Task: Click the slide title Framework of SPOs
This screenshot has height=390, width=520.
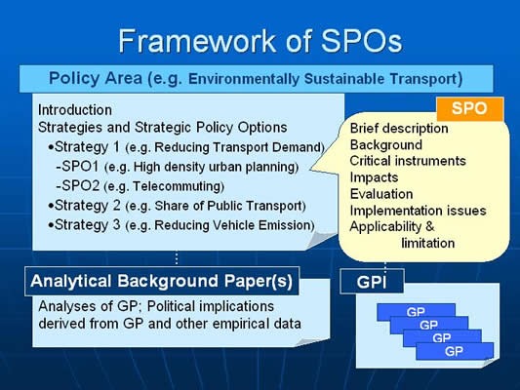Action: pos(260,41)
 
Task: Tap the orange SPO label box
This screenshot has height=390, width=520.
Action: pos(470,109)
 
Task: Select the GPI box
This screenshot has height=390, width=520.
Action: pos(372,282)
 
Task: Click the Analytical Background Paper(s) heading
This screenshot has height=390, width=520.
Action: pos(162,281)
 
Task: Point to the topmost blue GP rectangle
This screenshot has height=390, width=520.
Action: pos(416,312)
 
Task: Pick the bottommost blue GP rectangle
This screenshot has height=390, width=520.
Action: pos(455,351)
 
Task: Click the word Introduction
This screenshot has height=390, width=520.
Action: pos(75,110)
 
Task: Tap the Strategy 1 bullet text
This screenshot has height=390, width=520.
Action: pos(186,147)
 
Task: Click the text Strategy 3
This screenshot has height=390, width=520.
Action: pos(87,224)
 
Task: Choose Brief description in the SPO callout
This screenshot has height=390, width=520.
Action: pos(399,129)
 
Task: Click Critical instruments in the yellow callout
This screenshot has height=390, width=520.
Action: pos(408,161)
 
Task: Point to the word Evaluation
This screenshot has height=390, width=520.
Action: pos(381,194)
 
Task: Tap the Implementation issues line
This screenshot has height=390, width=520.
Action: pos(418,211)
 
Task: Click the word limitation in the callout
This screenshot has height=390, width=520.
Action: pos(428,243)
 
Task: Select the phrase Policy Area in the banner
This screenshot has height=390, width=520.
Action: pos(96,78)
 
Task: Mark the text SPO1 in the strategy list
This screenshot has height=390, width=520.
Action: pos(81,167)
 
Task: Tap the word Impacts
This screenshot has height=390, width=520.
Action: pos(374,177)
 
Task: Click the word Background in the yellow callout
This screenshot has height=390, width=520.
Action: pos(386,145)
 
